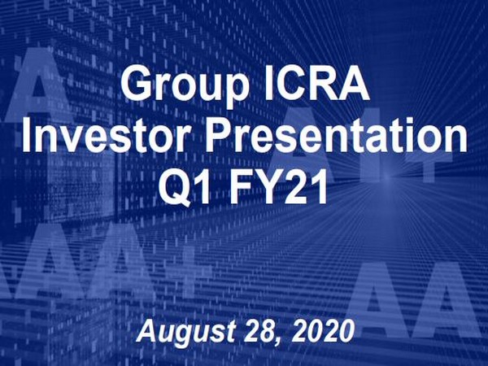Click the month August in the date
[x=183, y=331]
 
